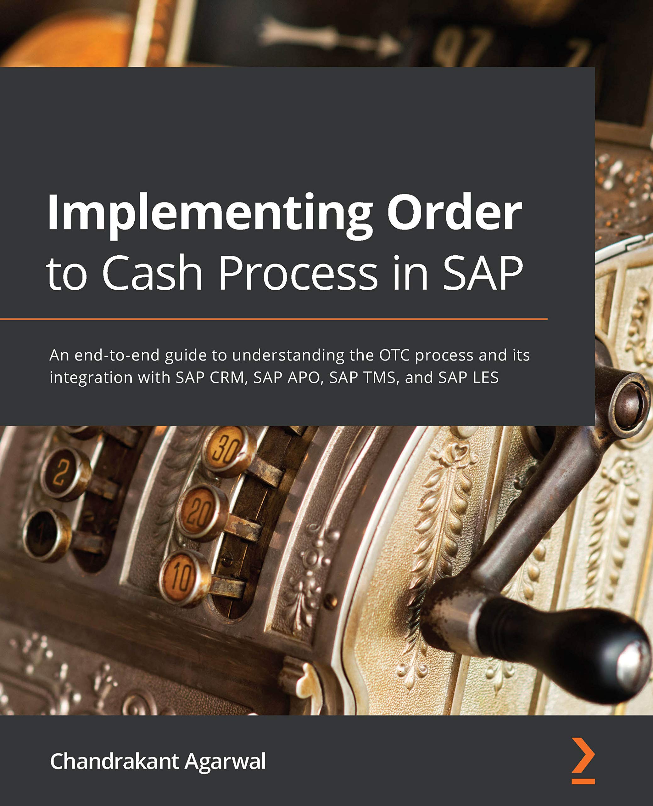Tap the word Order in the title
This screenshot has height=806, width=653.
tap(455, 213)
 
